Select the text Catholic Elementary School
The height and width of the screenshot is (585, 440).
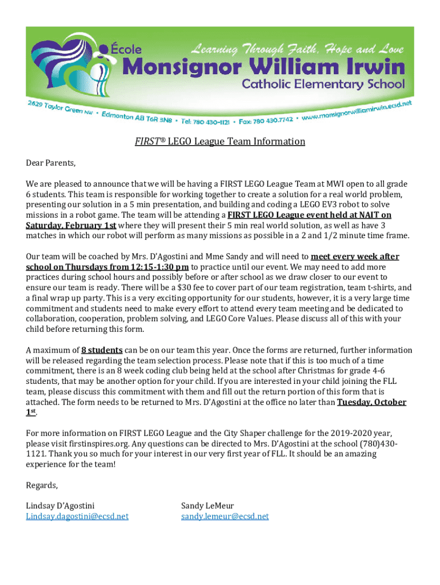(323, 85)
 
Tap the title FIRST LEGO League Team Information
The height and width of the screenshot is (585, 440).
(220, 141)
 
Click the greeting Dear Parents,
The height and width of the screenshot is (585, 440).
(51, 163)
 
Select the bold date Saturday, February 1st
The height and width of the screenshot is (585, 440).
(71, 225)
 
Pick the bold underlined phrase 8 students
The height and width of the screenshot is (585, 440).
(102, 350)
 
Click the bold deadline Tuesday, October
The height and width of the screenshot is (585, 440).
(371, 402)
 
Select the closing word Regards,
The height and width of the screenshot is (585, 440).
(42, 485)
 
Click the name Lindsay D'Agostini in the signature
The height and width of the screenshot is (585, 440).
(61, 506)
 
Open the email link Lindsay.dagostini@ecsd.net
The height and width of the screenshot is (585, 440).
(77, 516)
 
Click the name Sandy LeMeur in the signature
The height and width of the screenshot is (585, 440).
(207, 506)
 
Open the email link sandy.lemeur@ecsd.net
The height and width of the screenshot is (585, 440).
(225, 516)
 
